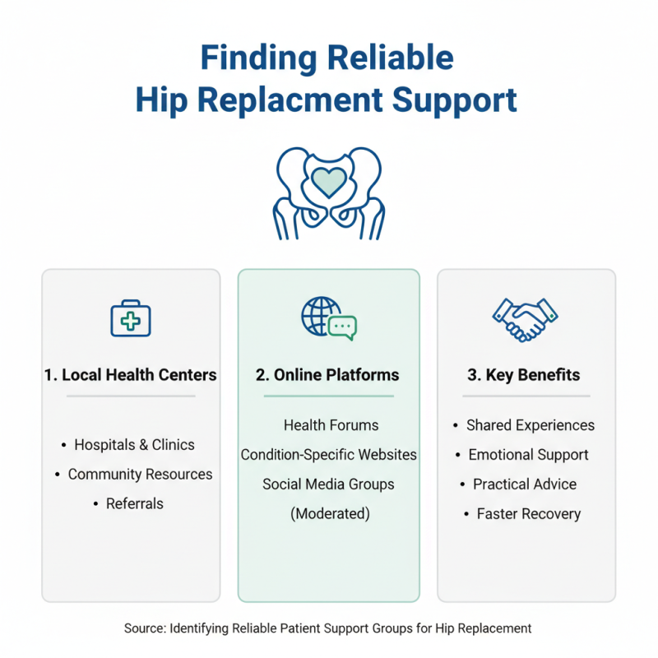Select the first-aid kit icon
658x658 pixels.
(x=131, y=318)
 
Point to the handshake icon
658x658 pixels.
(x=525, y=318)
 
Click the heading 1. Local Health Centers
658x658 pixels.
(x=131, y=375)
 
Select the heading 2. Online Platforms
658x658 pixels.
(x=327, y=375)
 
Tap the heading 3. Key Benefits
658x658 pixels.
(x=524, y=375)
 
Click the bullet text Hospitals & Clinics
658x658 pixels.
(x=134, y=445)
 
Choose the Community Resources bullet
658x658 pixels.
(x=140, y=475)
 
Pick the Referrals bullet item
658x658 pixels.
(x=135, y=504)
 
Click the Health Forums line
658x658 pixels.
(x=331, y=425)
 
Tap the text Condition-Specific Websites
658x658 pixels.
(x=328, y=455)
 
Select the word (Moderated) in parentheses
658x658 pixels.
(x=330, y=514)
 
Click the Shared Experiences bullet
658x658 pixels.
(x=530, y=425)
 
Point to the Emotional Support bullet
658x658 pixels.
(x=528, y=455)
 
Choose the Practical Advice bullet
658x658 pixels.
(x=525, y=484)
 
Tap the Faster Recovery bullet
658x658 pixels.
(x=528, y=514)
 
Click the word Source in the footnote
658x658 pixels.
(x=145, y=628)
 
